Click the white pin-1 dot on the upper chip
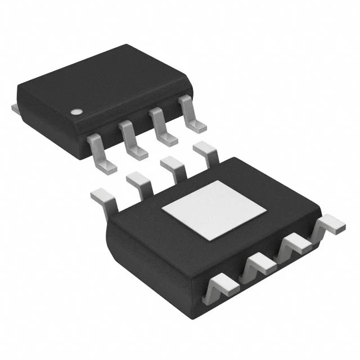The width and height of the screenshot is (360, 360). pyautogui.click(x=75, y=111)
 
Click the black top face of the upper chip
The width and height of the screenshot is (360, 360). pyautogui.click(x=101, y=84)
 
